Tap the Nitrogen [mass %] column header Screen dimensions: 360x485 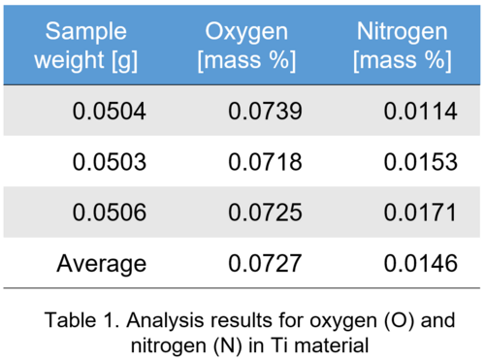404,45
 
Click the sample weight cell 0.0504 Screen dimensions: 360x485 109,111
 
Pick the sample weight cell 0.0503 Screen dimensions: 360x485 109,161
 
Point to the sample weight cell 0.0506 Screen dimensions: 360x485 109,212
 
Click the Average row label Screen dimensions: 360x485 102,262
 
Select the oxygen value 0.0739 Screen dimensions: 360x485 265,111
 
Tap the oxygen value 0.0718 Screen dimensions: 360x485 265,161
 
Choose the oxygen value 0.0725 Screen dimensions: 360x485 265,212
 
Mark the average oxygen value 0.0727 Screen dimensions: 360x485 265,262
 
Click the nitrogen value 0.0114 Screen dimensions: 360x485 420,111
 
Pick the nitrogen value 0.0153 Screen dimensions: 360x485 420,161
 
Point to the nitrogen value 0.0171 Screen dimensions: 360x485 420,212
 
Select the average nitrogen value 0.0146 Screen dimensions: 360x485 420,262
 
